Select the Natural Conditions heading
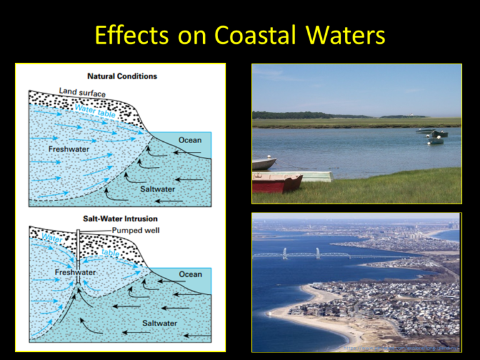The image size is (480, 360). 122,76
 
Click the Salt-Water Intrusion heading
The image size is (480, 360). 121,218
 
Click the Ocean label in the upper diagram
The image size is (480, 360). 190,140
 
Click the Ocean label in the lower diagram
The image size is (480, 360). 190,274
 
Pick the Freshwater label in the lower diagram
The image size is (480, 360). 75,273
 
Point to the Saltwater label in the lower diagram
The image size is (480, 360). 159,323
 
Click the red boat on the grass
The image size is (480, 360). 276,182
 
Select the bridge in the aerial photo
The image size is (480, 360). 319,254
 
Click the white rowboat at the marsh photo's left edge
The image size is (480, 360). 263,164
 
